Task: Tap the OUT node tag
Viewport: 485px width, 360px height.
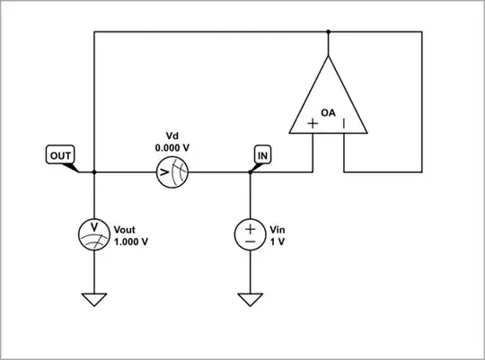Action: coord(60,155)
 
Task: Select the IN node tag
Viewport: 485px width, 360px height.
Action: coord(262,155)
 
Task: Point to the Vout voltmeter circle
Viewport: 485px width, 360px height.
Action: coord(93,235)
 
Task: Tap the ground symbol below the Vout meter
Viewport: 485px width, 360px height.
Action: coord(93,300)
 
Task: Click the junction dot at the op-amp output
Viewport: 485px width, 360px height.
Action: coord(329,32)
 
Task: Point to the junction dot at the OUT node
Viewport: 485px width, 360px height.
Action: coord(93,172)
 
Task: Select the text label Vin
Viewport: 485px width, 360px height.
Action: coord(277,229)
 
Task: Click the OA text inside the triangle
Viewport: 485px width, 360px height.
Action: coord(329,114)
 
